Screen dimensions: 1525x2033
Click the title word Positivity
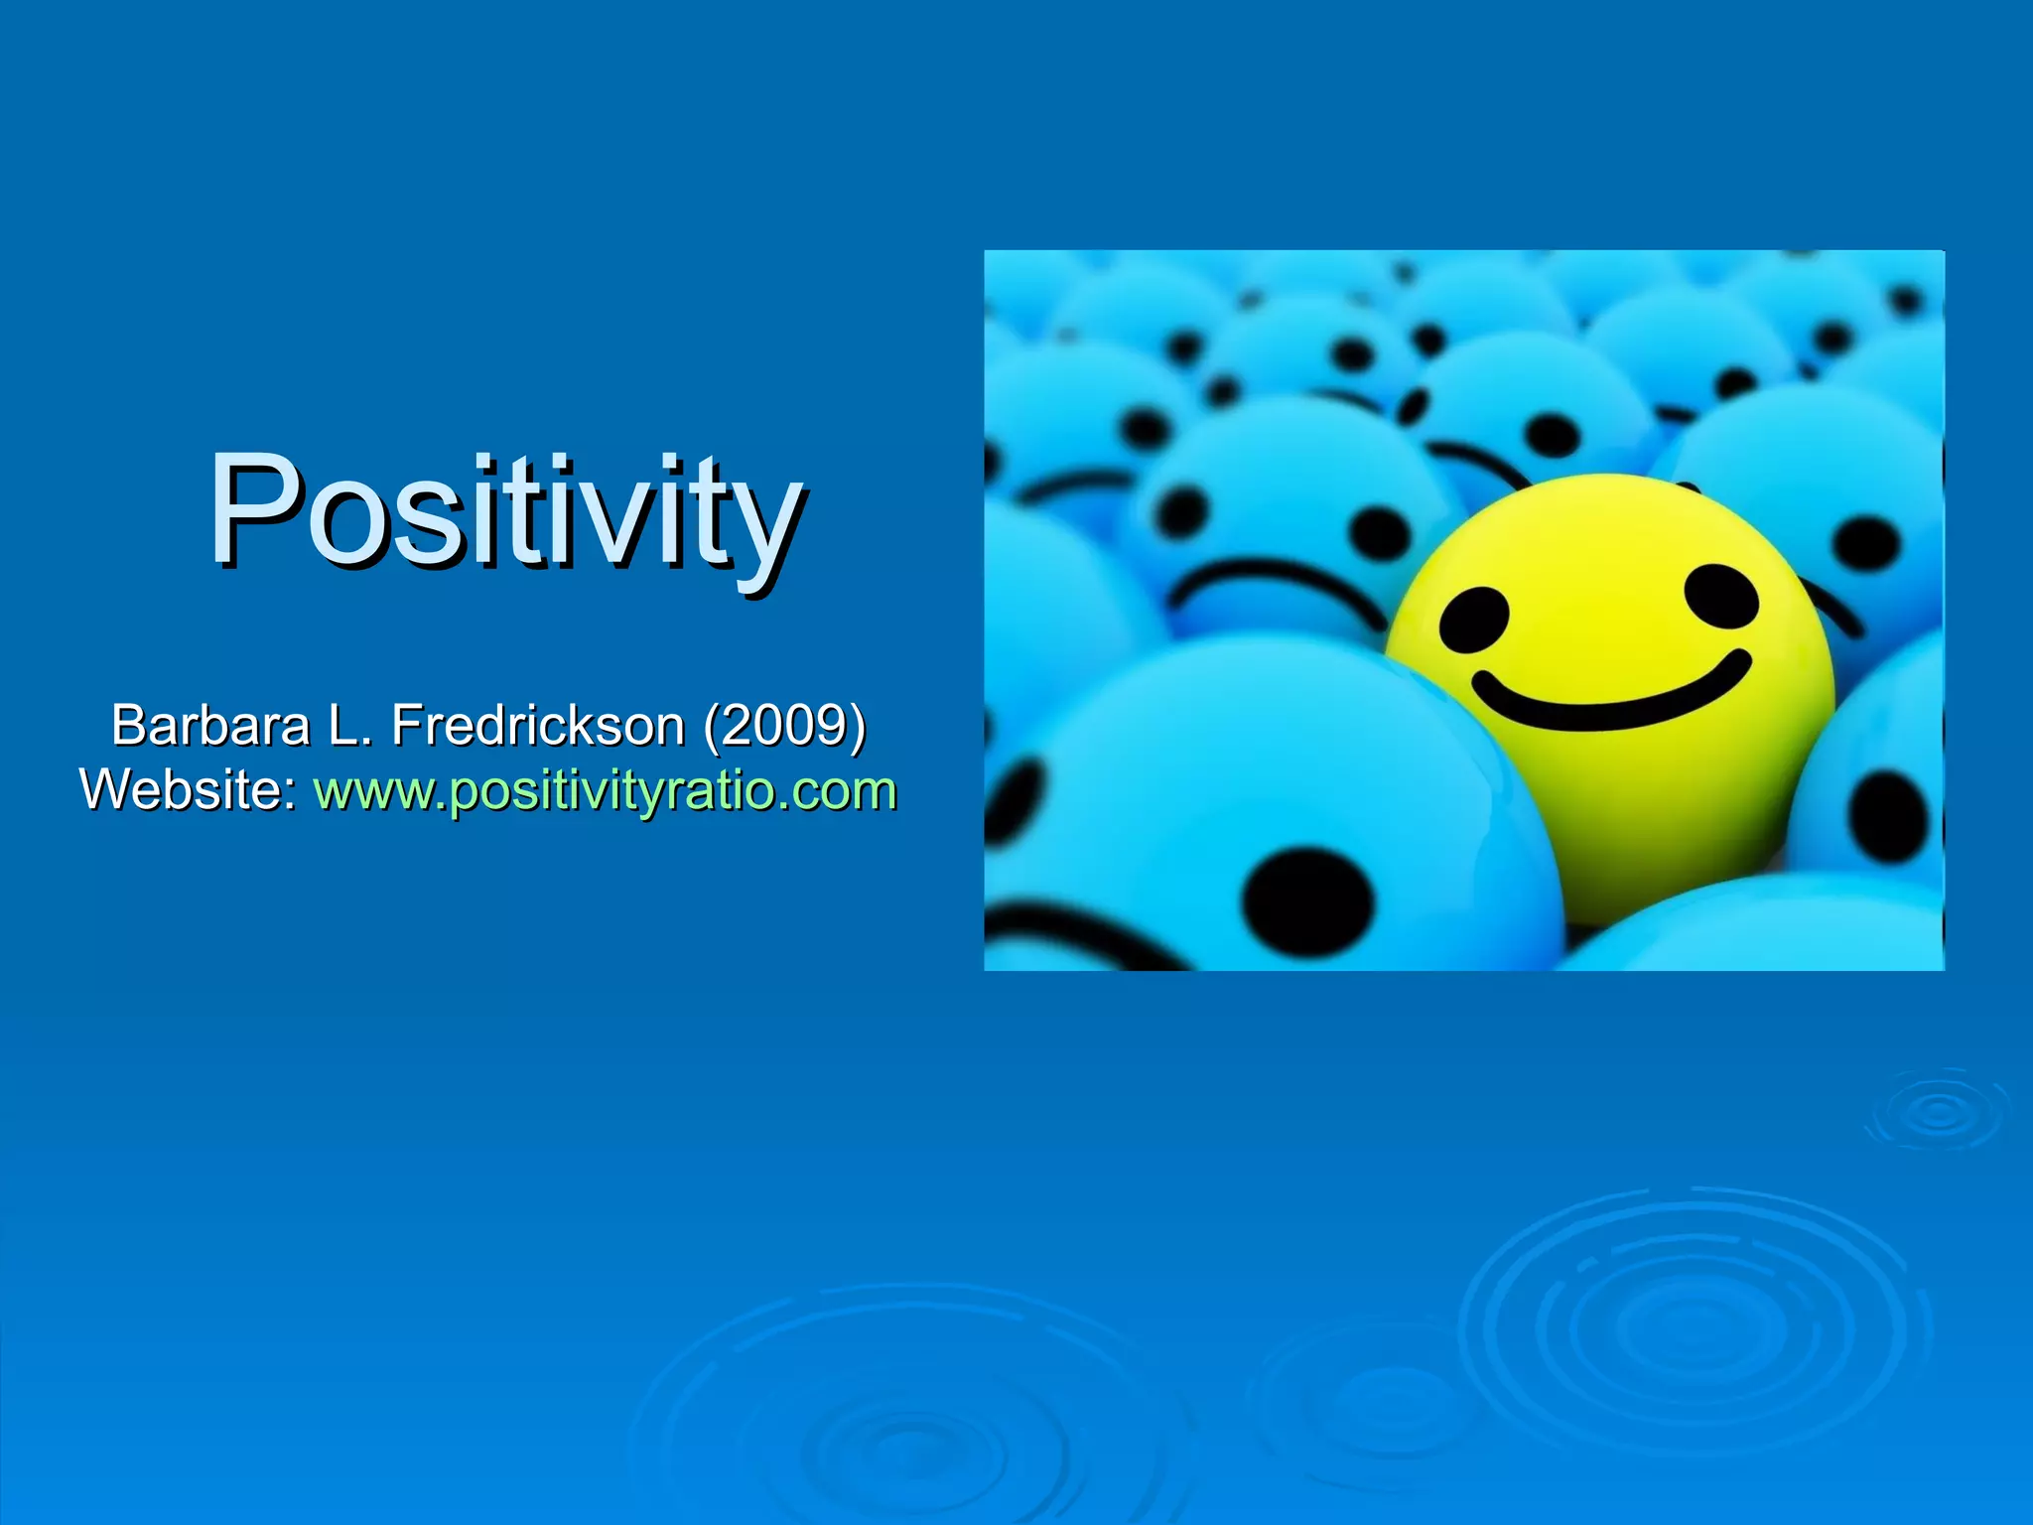tap(506, 511)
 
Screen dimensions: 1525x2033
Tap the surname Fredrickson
tap(538, 725)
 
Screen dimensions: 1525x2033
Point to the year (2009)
tap(784, 725)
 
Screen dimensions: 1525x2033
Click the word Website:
tap(189, 791)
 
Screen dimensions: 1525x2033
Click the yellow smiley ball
tap(1608, 695)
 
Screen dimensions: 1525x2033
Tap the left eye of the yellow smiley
tap(1474, 618)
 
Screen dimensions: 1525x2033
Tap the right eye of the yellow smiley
tap(1721, 598)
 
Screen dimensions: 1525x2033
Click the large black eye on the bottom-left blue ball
tap(1308, 901)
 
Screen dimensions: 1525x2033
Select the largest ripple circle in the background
tap(1693, 1325)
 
